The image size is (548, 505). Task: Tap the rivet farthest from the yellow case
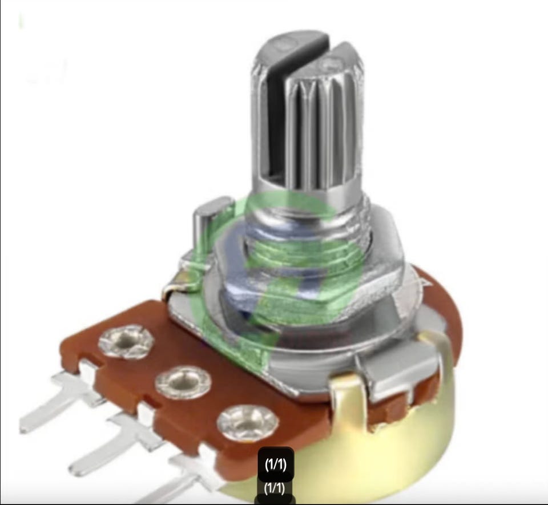pyautogui.click(x=126, y=342)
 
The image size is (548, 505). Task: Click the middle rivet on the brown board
pyautogui.click(x=183, y=383)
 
